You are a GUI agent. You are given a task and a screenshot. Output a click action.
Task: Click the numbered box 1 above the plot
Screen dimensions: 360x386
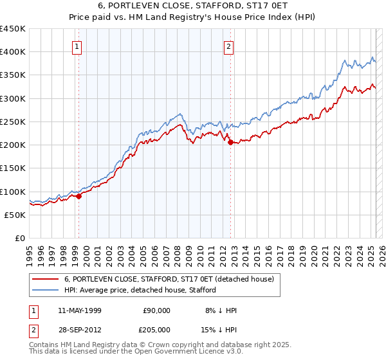coord(77,46)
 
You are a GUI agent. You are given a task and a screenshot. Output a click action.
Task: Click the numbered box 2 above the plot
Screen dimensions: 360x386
coord(229,46)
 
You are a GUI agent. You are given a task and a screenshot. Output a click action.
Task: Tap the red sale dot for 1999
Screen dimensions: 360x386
coord(79,197)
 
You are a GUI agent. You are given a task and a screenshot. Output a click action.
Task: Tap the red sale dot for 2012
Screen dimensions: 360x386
coord(230,143)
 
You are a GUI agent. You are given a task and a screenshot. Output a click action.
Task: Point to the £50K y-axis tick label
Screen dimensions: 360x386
coord(15,215)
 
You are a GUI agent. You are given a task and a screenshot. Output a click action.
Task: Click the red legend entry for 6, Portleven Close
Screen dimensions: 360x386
coord(169,279)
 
